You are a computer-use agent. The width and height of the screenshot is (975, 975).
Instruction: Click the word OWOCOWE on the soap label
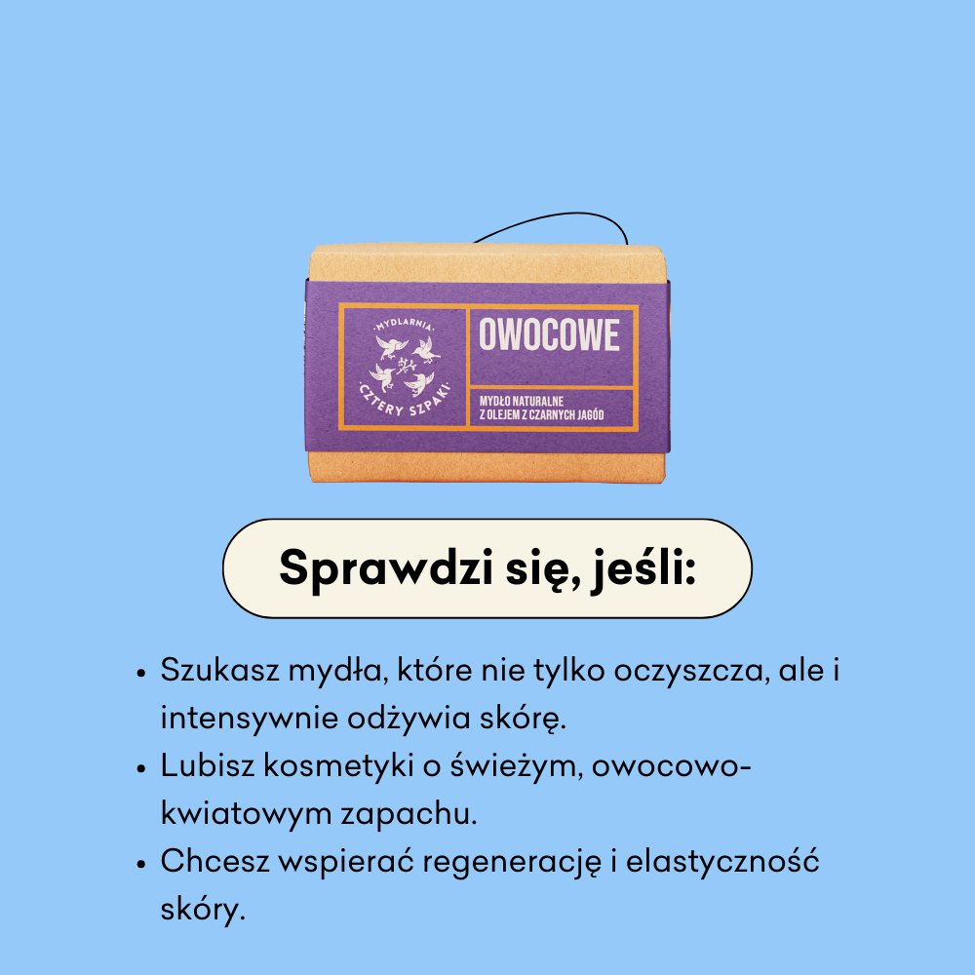tap(549, 335)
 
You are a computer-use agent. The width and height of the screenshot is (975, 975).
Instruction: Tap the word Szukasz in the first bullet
tap(218, 673)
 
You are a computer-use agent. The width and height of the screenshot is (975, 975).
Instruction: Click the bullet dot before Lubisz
tap(142, 767)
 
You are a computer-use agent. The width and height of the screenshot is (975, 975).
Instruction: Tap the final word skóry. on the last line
tap(199, 910)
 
